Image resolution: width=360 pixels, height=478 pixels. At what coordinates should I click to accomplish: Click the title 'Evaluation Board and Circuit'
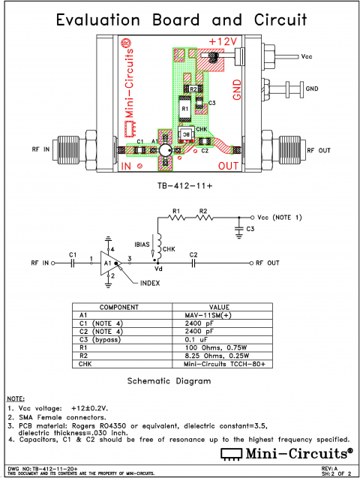click(180, 19)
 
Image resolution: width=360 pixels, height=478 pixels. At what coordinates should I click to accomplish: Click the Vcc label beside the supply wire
click(307, 56)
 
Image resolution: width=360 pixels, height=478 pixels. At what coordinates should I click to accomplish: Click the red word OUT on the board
click(229, 165)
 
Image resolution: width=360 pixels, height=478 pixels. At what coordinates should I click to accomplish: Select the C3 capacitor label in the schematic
click(250, 227)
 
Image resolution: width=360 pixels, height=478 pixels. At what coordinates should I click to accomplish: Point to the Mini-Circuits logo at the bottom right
click(285, 453)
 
